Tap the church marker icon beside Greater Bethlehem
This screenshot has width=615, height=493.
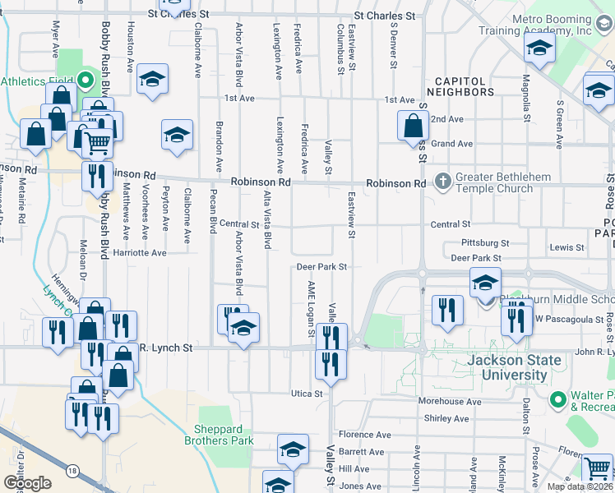[443, 180]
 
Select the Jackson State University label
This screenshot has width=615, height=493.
[514, 367]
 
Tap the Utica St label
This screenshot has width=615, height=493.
[307, 394]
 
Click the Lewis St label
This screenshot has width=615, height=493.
[566, 247]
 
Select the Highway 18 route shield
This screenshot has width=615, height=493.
[74, 470]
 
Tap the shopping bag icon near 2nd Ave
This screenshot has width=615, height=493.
[412, 127]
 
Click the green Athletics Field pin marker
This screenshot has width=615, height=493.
[86, 81]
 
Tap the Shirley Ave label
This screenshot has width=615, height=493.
[446, 418]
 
